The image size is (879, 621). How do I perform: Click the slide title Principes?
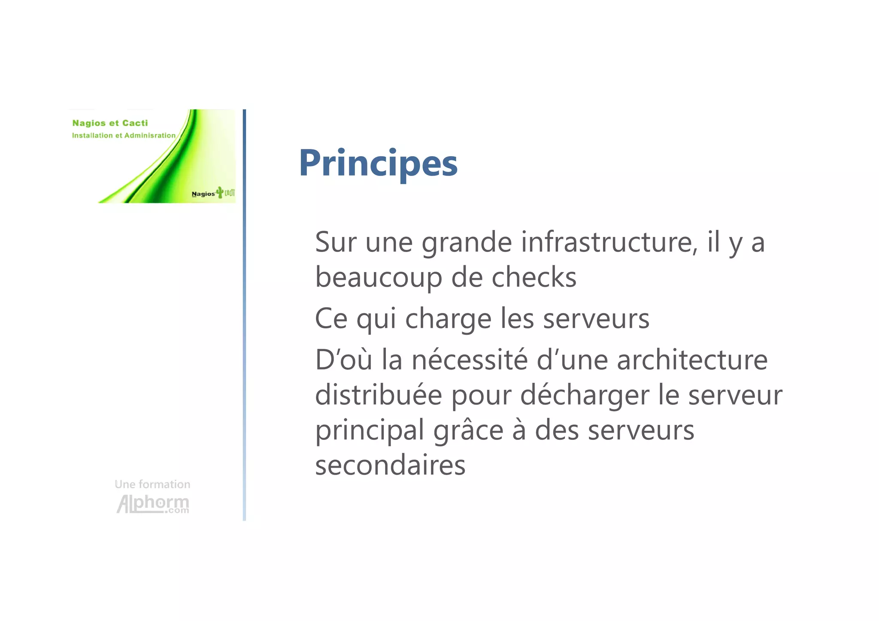(378, 163)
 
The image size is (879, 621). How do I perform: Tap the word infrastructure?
(609, 242)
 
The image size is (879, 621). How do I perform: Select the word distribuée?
(379, 395)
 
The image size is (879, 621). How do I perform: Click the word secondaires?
(390, 465)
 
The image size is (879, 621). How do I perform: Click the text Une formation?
(152, 484)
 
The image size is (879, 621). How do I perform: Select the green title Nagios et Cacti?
(110, 123)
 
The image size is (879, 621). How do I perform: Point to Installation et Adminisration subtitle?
(124, 136)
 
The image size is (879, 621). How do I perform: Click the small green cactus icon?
(220, 192)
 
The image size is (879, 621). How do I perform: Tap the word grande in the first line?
(467, 243)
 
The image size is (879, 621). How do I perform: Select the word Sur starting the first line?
(336, 242)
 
